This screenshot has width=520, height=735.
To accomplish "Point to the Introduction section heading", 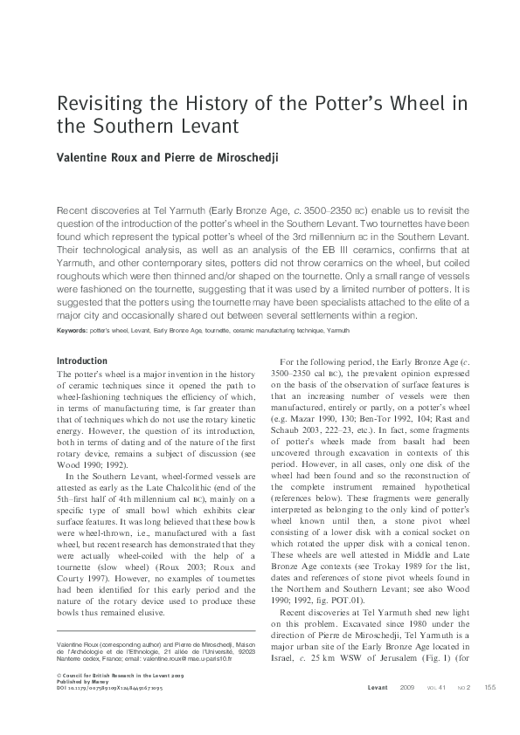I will [x=82, y=361].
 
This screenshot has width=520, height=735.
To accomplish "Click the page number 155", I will [x=489, y=687].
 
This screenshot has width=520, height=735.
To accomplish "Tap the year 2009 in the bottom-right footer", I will [x=407, y=687].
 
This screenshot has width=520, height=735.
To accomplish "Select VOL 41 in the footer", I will [x=438, y=687].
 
